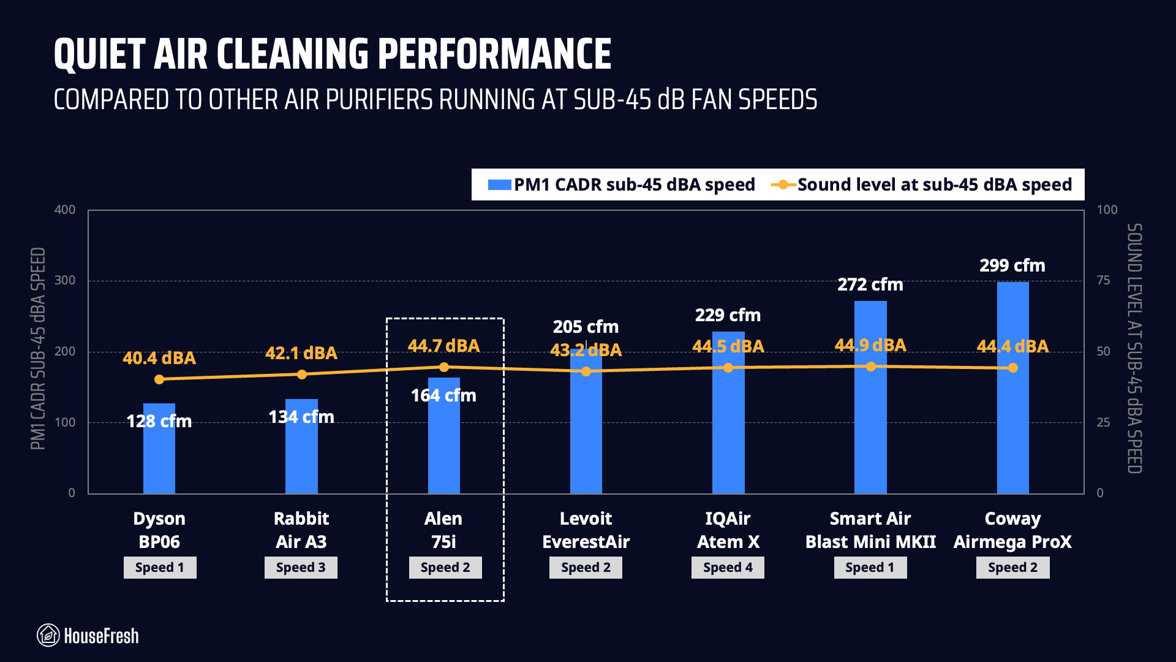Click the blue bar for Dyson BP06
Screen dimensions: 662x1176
point(159,460)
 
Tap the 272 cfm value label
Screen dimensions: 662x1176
point(870,285)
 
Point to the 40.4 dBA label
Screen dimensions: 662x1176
point(159,358)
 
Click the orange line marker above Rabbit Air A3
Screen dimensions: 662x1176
point(301,374)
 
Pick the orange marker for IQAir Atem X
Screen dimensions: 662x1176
point(728,368)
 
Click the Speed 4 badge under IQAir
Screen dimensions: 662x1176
point(728,568)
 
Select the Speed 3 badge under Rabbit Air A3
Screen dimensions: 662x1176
point(301,568)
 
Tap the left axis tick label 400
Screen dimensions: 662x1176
point(65,210)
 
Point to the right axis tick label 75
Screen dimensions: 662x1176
point(1103,281)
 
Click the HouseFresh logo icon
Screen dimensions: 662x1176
point(48,636)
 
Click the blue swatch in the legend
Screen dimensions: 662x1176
point(499,185)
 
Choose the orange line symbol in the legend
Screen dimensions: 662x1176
point(783,185)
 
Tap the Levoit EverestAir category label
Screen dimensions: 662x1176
point(586,530)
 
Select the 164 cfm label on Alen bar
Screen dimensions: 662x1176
point(443,396)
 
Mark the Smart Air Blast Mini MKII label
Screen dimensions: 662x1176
point(870,530)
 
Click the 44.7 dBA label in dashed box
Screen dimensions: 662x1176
point(443,346)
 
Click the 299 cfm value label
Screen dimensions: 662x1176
point(1012,266)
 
